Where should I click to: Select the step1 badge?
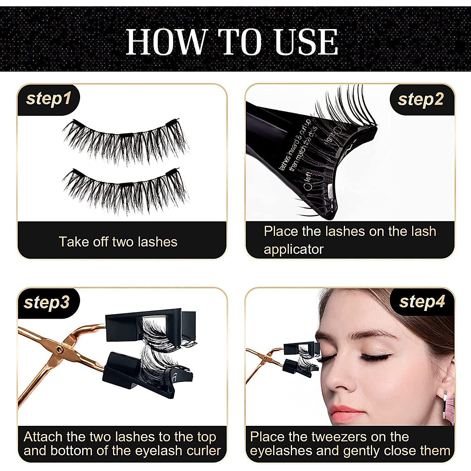coord(48,99)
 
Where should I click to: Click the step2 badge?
coord(420,99)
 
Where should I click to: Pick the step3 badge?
coord(47,302)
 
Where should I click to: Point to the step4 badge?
coord(422,302)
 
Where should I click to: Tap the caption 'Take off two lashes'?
coord(118,242)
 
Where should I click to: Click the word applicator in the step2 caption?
coord(294,249)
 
